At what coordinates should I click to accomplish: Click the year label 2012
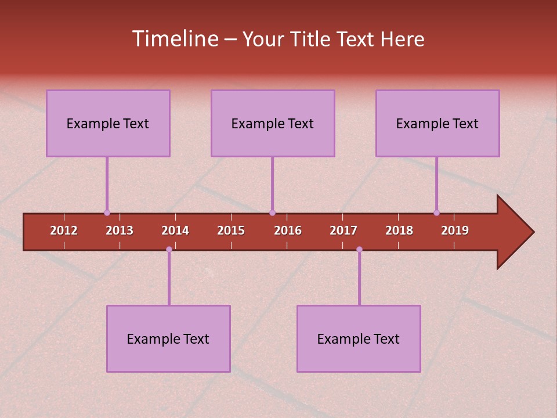(x=64, y=230)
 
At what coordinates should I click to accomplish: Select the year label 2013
(x=120, y=230)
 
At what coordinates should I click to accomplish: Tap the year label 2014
(x=175, y=230)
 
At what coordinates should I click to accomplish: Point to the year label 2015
(x=231, y=230)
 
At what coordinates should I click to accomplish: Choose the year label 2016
(x=288, y=230)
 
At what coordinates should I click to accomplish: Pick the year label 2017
(x=343, y=230)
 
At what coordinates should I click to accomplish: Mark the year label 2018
(x=399, y=230)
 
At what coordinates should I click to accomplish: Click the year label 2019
(x=455, y=230)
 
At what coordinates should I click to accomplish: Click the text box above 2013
(x=108, y=123)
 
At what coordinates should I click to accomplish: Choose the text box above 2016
(x=273, y=123)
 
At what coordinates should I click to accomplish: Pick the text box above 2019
(x=437, y=123)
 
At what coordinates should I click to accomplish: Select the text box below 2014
(x=168, y=338)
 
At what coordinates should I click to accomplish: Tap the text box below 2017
(x=359, y=338)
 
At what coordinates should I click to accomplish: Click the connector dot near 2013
(x=107, y=212)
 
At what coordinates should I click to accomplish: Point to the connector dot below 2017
(x=359, y=249)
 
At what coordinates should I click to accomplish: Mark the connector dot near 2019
(x=436, y=212)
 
